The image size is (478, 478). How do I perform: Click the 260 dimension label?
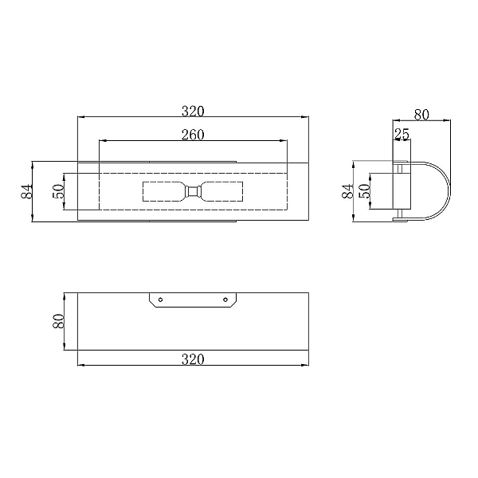[x=193, y=135]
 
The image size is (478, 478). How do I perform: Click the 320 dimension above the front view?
[x=193, y=112]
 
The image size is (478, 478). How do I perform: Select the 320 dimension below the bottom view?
[x=193, y=359]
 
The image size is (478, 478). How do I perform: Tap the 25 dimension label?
[x=402, y=134]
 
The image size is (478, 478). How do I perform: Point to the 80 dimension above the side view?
[x=421, y=115]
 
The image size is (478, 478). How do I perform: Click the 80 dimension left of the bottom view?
[x=59, y=321]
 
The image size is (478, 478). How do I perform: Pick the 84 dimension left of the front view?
[x=26, y=191]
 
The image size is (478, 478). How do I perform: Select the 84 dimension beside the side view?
[x=347, y=191]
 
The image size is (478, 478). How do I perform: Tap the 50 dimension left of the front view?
[x=59, y=191]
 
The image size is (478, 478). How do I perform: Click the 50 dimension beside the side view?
[x=364, y=191]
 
